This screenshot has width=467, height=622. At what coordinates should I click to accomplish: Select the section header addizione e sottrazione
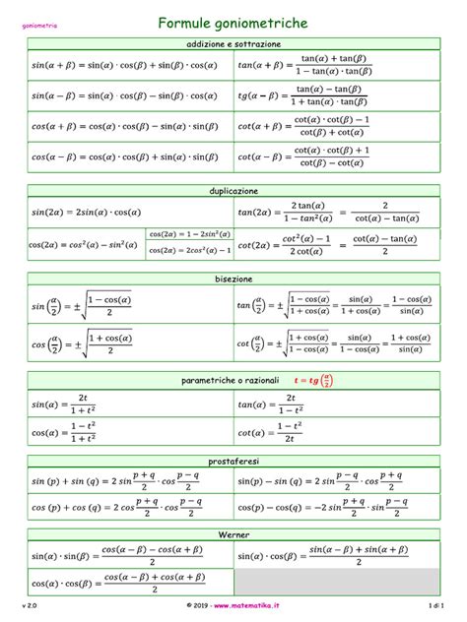point(233,44)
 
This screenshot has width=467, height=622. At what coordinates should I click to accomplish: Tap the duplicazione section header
point(233,190)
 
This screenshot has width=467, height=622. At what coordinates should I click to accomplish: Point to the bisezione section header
point(233,279)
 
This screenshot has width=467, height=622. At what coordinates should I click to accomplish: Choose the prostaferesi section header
point(233,461)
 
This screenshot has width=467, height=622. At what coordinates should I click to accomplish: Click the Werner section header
point(233,533)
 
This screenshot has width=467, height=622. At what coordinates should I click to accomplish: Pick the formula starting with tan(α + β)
point(304,67)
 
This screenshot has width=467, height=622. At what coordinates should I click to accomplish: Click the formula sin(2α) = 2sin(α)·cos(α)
point(87,212)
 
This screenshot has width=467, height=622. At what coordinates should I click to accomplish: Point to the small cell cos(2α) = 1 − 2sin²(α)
point(189,234)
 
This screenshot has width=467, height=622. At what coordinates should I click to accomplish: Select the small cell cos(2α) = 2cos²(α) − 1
point(189,250)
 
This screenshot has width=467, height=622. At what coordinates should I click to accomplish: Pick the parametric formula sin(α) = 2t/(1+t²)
point(69,404)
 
